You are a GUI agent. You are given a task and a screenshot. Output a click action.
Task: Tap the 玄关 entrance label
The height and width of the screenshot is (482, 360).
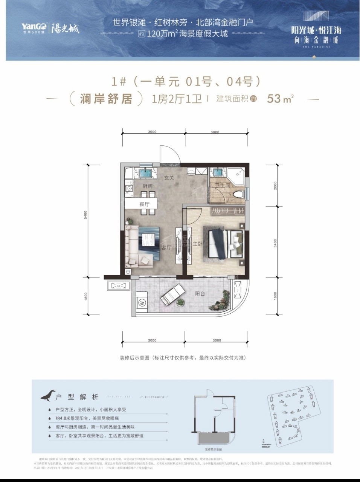click(x=169, y=178)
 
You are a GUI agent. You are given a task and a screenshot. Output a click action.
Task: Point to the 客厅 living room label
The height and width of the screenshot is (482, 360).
click(x=166, y=247)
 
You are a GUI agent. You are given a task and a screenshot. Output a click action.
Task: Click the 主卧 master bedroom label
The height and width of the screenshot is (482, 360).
click(x=197, y=244)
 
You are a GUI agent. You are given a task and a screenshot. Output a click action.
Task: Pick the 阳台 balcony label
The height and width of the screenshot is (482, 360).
click(x=200, y=293)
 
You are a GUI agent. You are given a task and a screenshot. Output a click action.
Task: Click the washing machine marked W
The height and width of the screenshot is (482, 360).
click(x=142, y=302)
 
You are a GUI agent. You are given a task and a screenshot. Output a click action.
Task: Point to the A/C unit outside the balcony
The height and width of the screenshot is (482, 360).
click(x=117, y=286)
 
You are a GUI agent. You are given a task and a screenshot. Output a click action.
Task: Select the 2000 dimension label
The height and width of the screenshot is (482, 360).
click(x=275, y=185)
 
